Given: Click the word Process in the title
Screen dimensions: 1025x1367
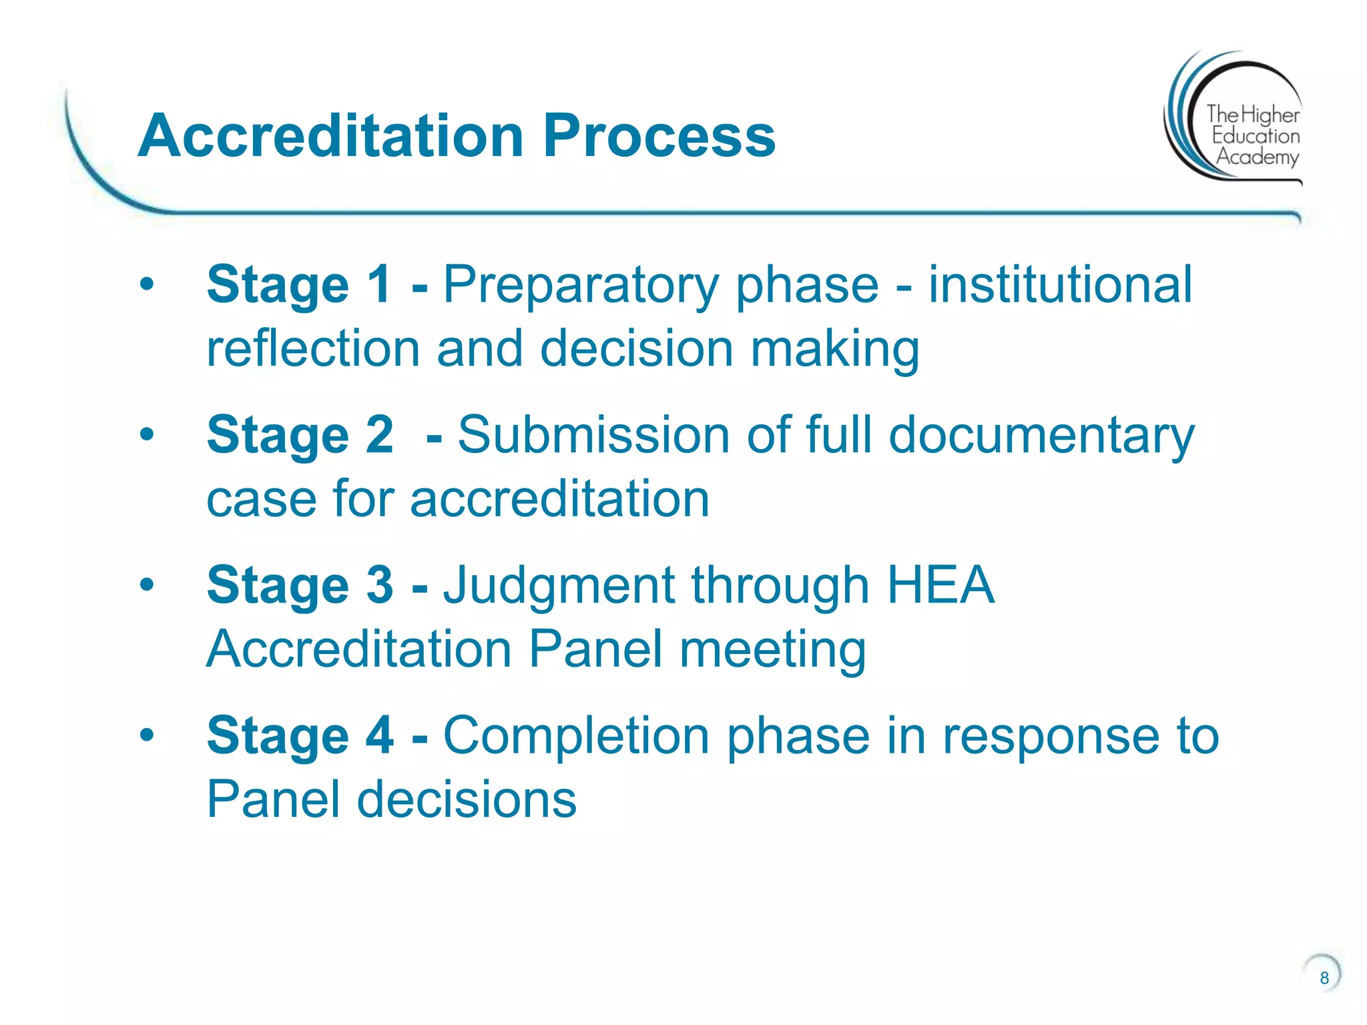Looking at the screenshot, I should point(659,136).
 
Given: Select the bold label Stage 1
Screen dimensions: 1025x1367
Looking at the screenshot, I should point(299,286).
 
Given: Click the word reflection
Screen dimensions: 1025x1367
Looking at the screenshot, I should point(313,348).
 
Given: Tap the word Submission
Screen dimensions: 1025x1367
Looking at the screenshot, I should point(593,435).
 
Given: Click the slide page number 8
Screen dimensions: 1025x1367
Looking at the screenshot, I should point(1324,978).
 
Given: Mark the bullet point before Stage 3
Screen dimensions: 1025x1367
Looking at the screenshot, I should point(147,585).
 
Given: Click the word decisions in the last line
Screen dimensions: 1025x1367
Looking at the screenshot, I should point(467,799).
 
